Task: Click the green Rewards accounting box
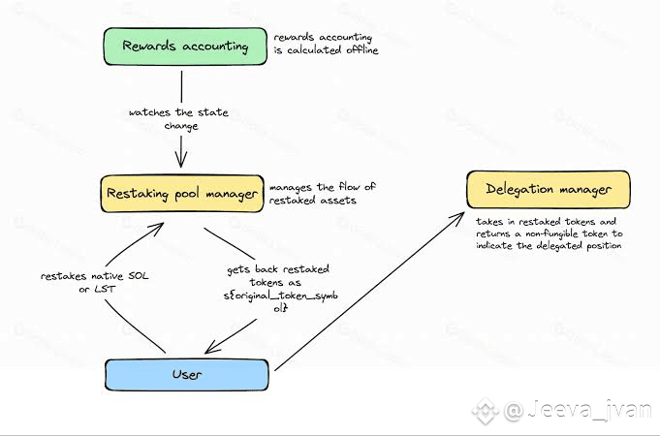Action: pyautogui.click(x=185, y=47)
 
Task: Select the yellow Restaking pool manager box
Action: pyautogui.click(x=182, y=194)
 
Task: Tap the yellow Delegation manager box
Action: pyautogui.click(x=549, y=189)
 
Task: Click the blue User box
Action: pyautogui.click(x=187, y=375)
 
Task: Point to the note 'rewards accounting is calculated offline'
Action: pyautogui.click(x=326, y=44)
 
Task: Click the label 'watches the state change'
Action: pyautogui.click(x=179, y=119)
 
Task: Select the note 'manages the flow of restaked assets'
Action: pyautogui.click(x=323, y=193)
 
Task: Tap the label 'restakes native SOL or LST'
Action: pyautogui.click(x=95, y=282)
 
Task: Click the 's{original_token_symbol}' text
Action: pyautogui.click(x=280, y=301)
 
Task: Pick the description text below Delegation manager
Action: pyautogui.click(x=550, y=234)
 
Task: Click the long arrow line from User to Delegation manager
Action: pyautogui.click(x=369, y=292)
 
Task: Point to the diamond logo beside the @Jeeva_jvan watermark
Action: pyautogui.click(x=486, y=411)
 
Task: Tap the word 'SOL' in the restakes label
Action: pyautogui.click(x=138, y=276)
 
